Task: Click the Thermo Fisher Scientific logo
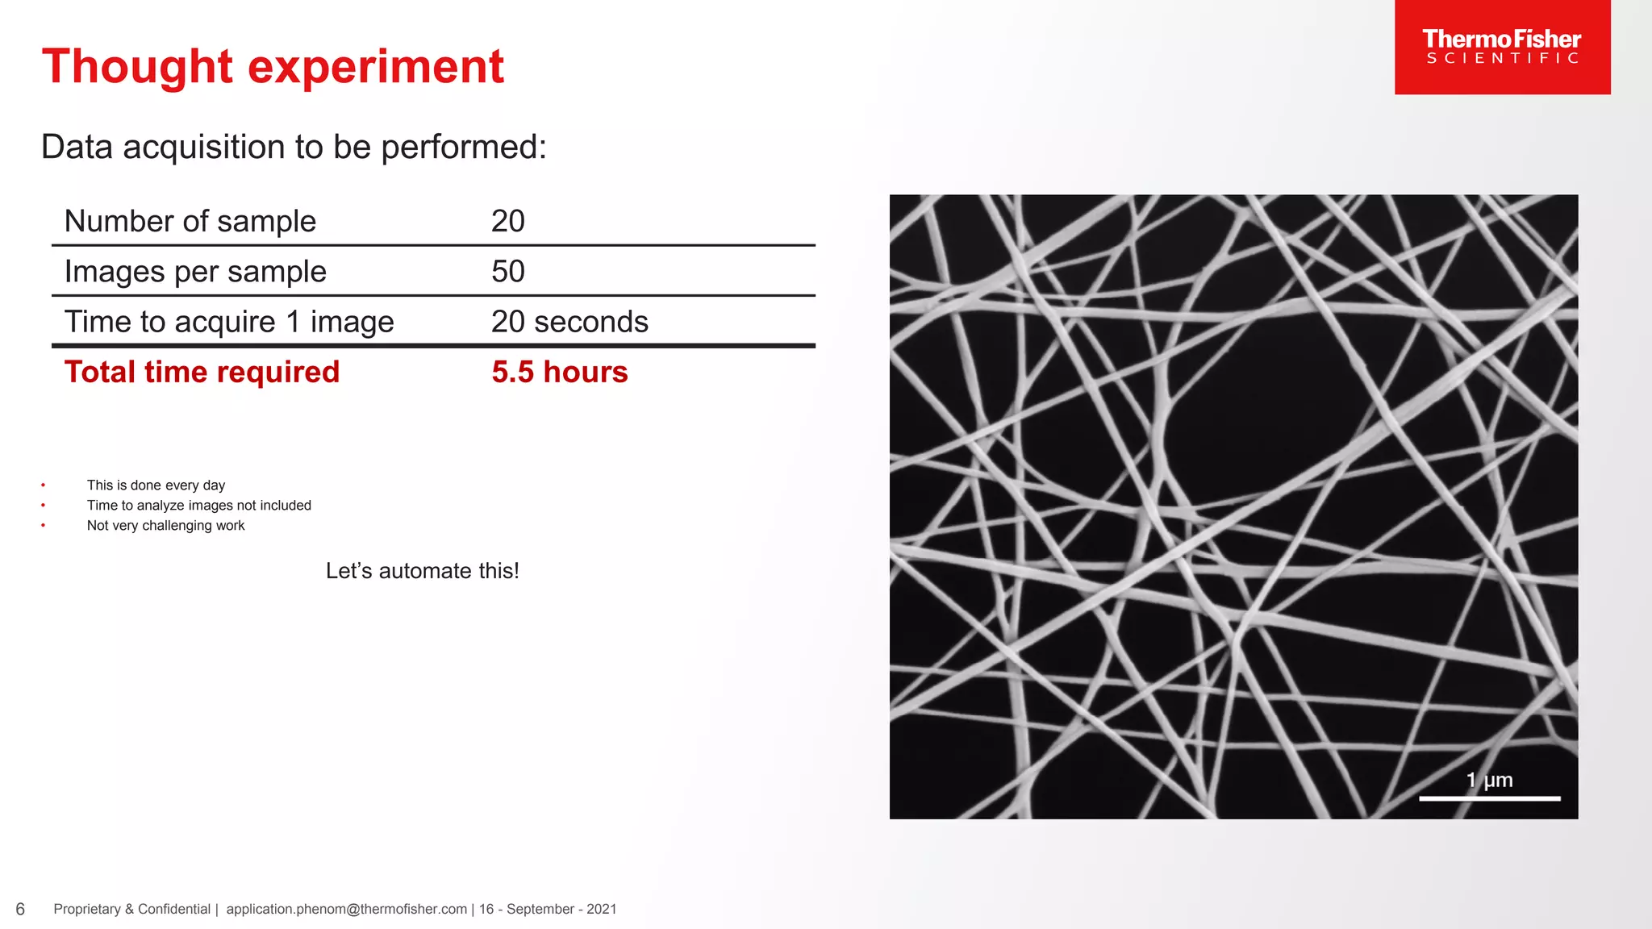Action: pyautogui.click(x=1502, y=47)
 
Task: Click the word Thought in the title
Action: pyautogui.click(x=137, y=66)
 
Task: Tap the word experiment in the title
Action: pyautogui.click(x=376, y=66)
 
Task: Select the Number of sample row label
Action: pyautogui.click(x=190, y=221)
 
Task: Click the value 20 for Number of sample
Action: pyautogui.click(x=508, y=221)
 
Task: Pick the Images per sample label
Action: pyautogui.click(x=195, y=272)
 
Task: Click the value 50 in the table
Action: pyautogui.click(x=508, y=272)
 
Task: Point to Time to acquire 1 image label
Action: pyautogui.click(x=229, y=322)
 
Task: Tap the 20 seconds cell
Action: pyautogui.click(x=569, y=322)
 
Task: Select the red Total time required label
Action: pyautogui.click(x=202, y=372)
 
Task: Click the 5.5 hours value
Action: pyautogui.click(x=559, y=372)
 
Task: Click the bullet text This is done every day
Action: pyautogui.click(x=156, y=485)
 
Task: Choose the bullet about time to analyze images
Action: pyautogui.click(x=198, y=506)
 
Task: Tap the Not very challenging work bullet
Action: pyautogui.click(x=165, y=526)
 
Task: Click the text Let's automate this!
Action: pyautogui.click(x=422, y=571)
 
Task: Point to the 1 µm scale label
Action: pyautogui.click(x=1489, y=780)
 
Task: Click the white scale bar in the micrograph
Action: pyautogui.click(x=1489, y=798)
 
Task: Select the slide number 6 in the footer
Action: pyautogui.click(x=20, y=910)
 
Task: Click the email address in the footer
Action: pyautogui.click(x=346, y=909)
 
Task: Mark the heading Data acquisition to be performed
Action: pyautogui.click(x=294, y=147)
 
